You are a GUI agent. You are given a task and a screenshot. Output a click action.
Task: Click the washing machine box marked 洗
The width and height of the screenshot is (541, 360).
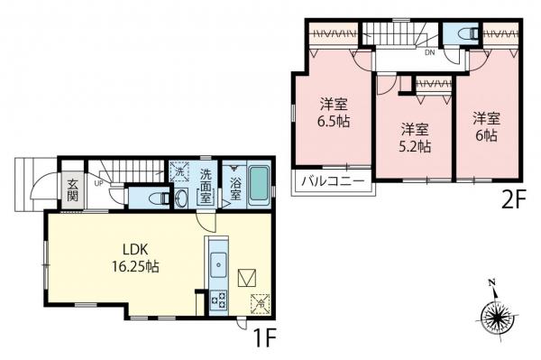coord(179,171)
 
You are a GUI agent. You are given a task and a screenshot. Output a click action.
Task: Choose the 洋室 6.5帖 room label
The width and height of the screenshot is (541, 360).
coord(333,112)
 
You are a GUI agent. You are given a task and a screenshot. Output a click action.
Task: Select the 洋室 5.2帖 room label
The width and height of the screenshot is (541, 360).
coord(414,136)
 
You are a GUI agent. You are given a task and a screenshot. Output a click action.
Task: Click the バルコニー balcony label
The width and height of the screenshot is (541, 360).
coord(333,180)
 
